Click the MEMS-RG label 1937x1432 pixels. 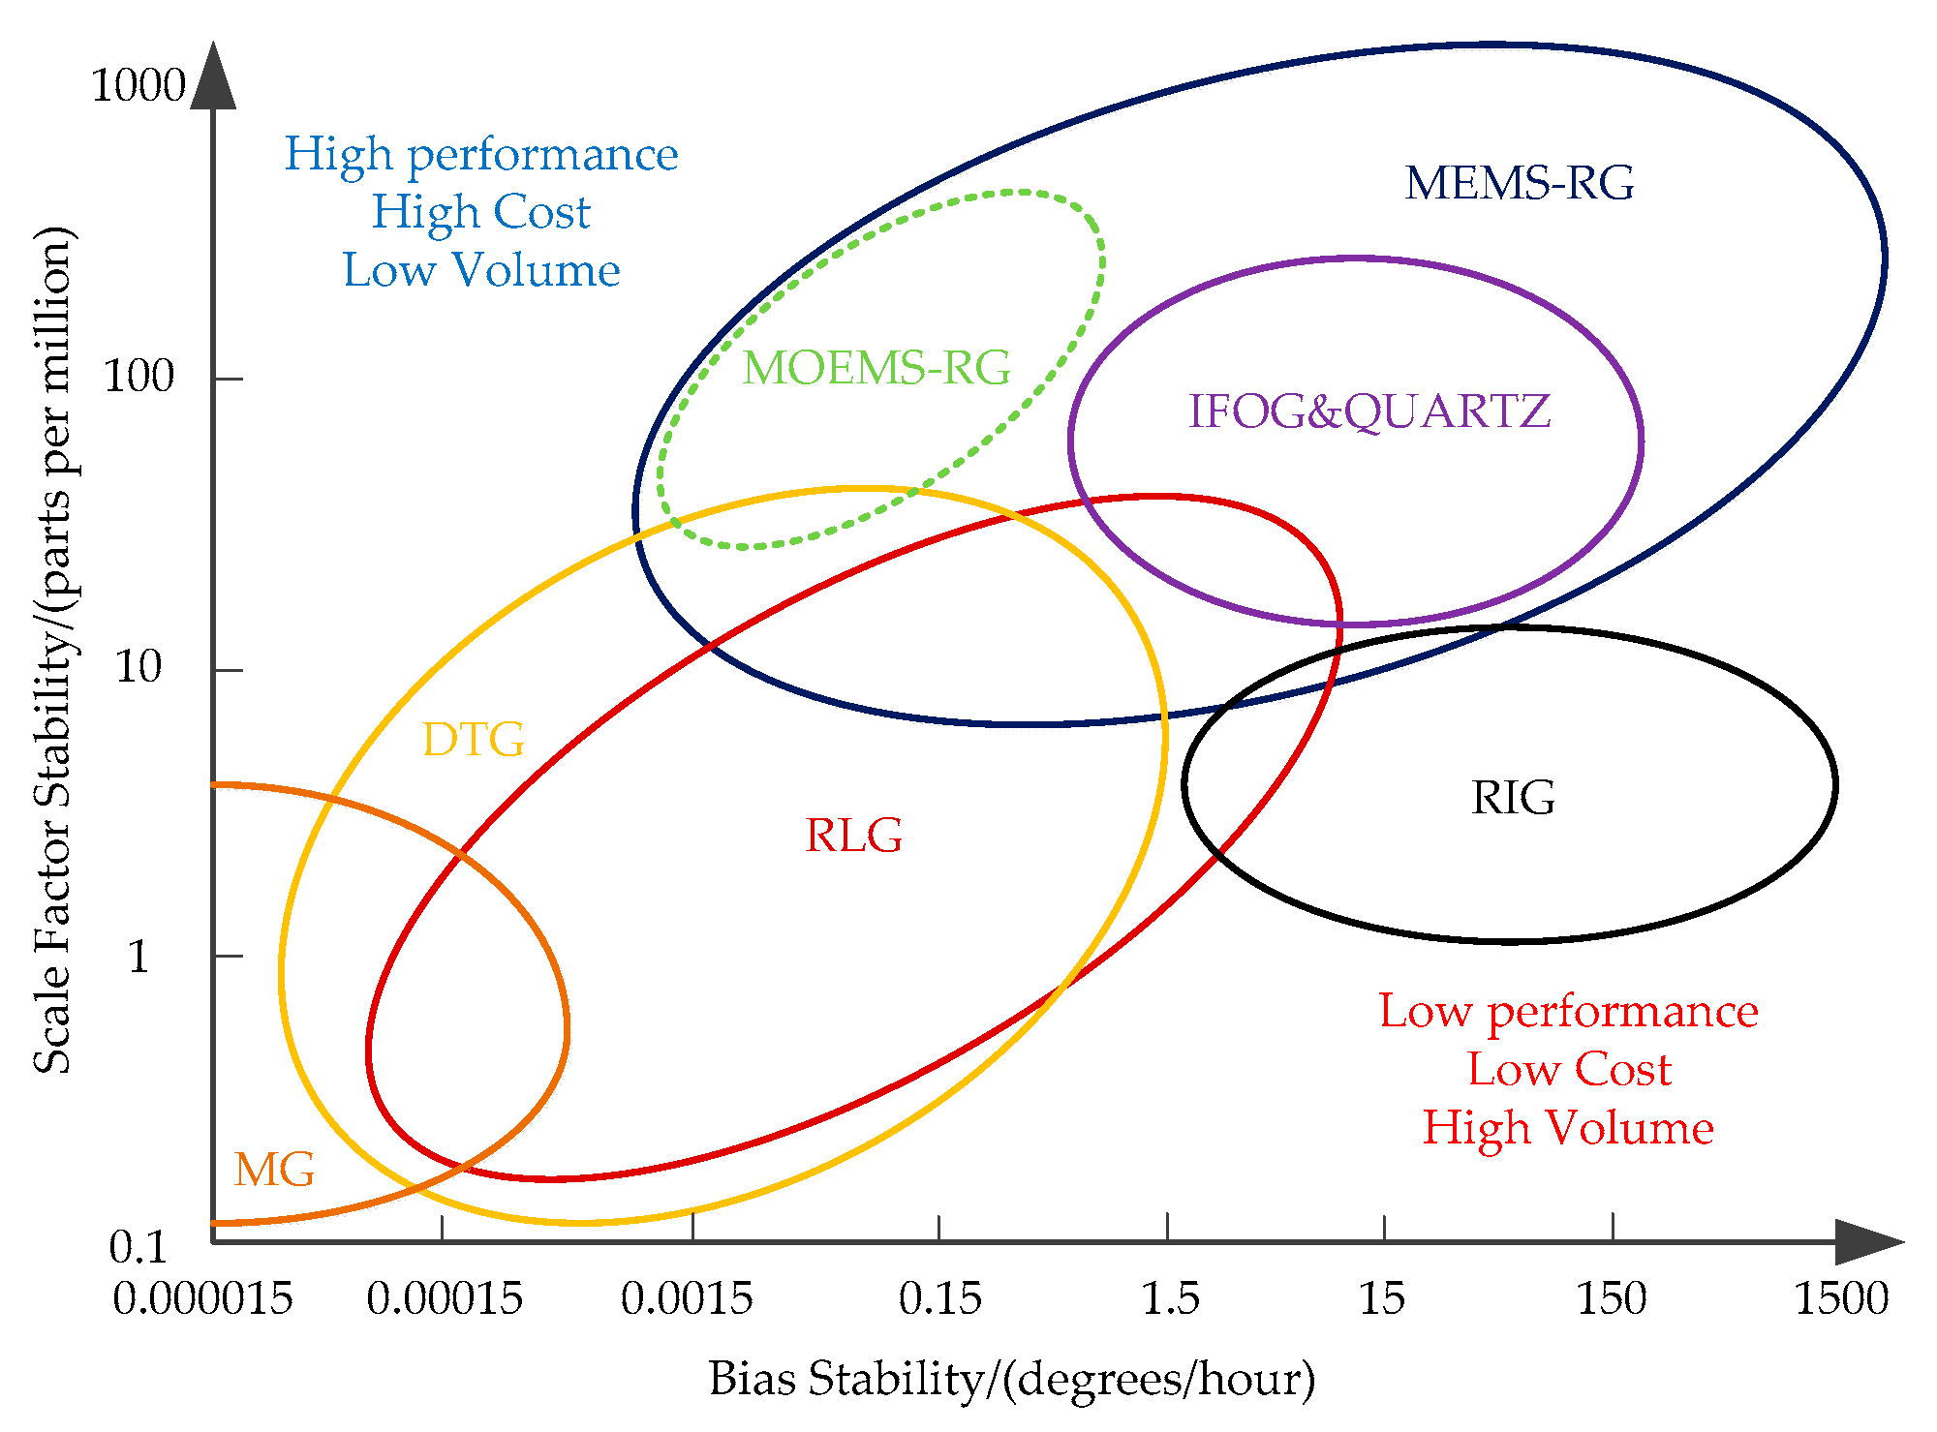click(x=1519, y=183)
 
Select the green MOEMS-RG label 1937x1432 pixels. click(x=876, y=368)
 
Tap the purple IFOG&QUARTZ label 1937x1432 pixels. click(x=1368, y=411)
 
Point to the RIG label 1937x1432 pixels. click(x=1513, y=798)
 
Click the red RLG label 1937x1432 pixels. click(x=853, y=836)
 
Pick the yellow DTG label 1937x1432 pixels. click(x=474, y=740)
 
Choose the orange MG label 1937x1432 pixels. click(x=274, y=1170)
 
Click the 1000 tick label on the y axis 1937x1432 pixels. click(x=138, y=86)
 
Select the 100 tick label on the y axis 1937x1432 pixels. click(x=138, y=377)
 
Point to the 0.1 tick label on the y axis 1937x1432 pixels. click(x=138, y=1247)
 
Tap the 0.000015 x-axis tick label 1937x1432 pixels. click(x=202, y=1299)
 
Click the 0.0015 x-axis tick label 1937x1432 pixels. click(x=687, y=1299)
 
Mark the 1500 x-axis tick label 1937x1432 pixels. click(x=1841, y=1299)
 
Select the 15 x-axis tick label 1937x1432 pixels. click(x=1381, y=1299)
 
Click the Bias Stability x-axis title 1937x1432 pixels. click(x=1012, y=1379)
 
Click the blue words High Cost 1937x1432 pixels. click(x=481, y=212)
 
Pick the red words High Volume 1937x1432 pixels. click(x=1568, y=1128)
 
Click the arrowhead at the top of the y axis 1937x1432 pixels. click(x=213, y=76)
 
